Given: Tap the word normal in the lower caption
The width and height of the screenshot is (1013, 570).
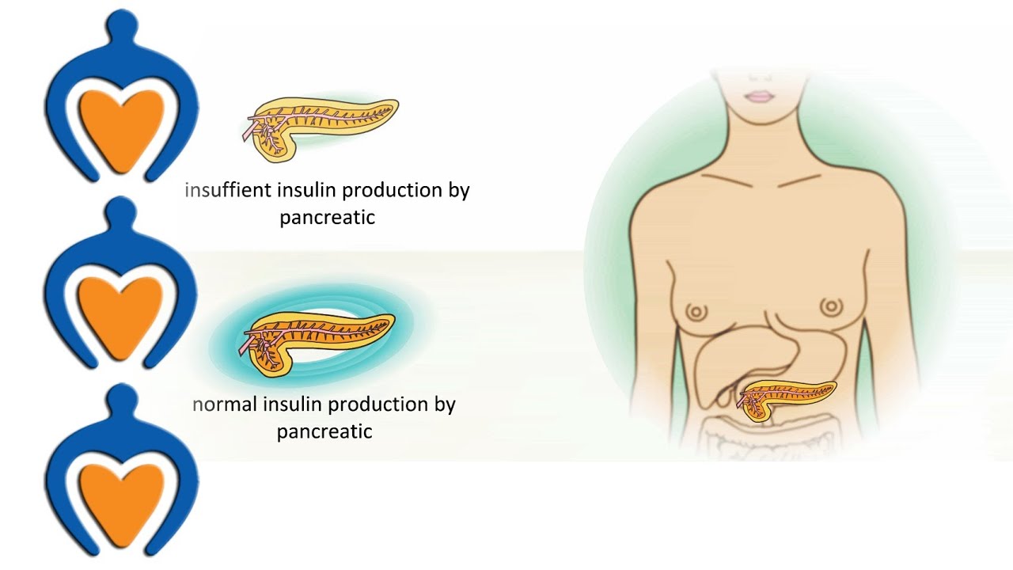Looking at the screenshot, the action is (x=224, y=405).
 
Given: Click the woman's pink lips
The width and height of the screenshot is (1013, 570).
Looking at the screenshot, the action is (x=760, y=97).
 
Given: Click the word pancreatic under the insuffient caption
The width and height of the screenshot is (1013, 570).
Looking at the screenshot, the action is (x=327, y=218).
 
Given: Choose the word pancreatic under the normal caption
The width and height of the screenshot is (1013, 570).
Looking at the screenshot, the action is (x=324, y=431).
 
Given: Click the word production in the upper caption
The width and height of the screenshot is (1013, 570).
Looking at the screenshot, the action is (x=379, y=191).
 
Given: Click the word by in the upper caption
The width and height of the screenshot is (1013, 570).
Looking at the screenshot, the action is (x=457, y=192).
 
